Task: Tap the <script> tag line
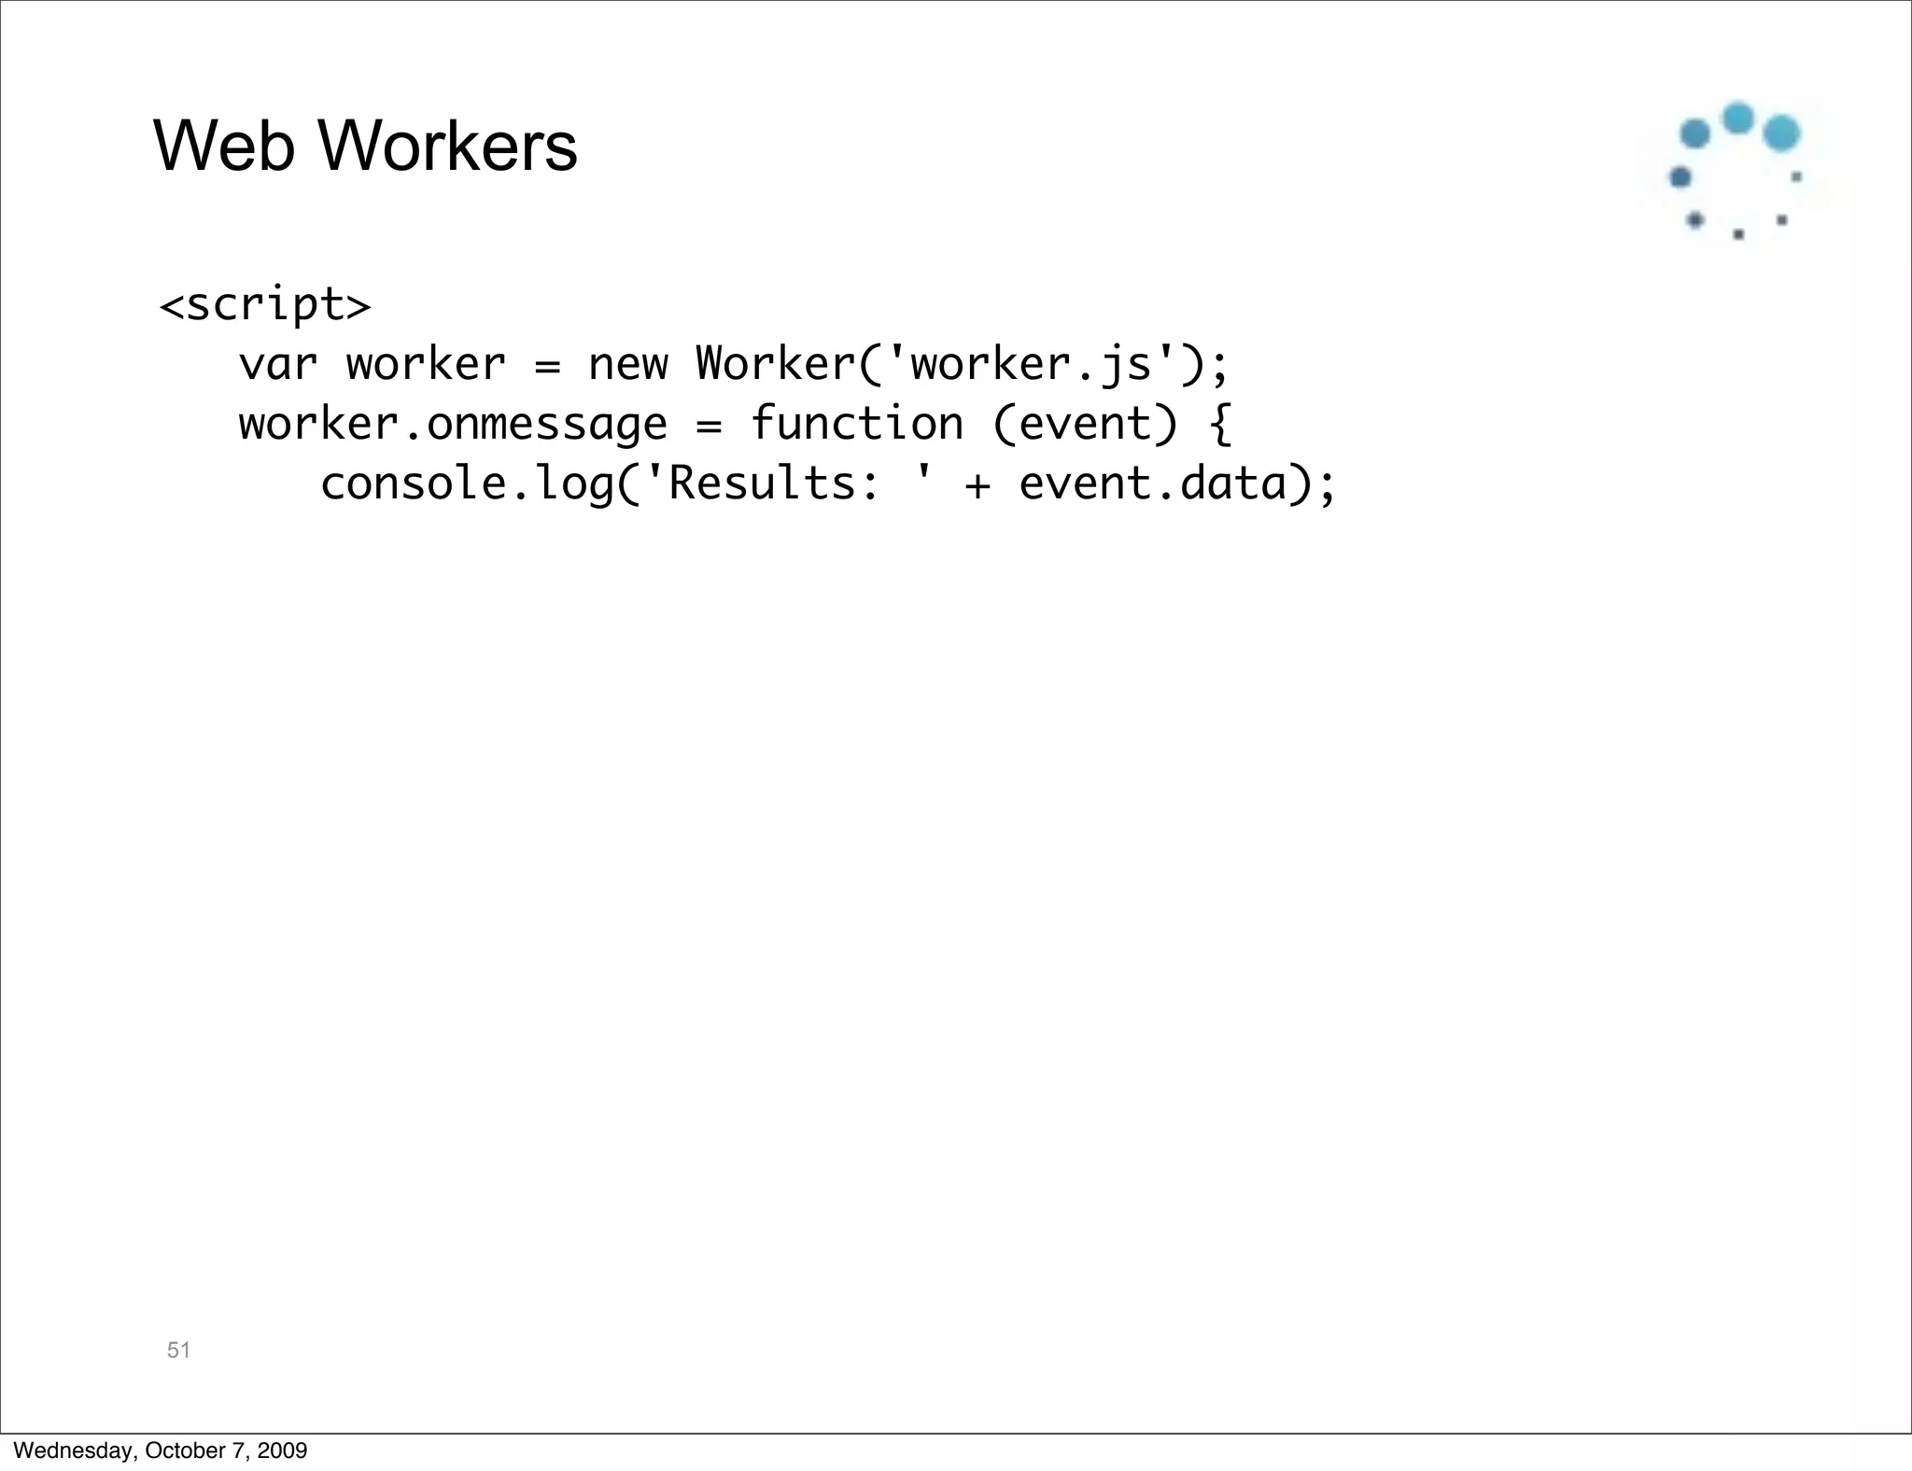(265, 305)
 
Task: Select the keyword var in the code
(277, 365)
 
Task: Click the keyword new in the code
(627, 365)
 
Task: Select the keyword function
(856, 425)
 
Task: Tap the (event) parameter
(1085, 425)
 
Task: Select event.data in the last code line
(1152, 484)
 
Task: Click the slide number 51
(178, 1350)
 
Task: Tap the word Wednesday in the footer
(74, 1450)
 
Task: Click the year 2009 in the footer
(282, 1450)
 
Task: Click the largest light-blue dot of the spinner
(1781, 133)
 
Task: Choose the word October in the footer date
(179, 1450)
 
